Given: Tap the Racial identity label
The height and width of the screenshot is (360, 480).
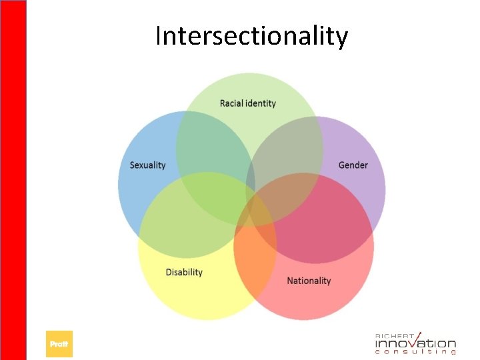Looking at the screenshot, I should pos(247,103).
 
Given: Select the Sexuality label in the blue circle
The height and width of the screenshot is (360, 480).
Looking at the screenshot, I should pos(147,165).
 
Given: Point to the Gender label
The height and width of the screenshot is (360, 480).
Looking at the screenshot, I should pos(353,165).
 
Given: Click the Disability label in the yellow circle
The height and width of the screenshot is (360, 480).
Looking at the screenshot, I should pos(184,272).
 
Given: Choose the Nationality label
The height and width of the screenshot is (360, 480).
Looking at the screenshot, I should pos(309,281).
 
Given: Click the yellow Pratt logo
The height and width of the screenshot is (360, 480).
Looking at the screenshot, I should pos(59,344).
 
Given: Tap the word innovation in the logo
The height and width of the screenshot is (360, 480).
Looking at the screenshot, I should pos(415,343).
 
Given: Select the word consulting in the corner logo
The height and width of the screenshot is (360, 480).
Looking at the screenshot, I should pos(415,353).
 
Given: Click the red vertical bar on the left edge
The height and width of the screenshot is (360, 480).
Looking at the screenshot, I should pos(13,180).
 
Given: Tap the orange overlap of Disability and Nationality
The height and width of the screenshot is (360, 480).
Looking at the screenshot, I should pos(257,247).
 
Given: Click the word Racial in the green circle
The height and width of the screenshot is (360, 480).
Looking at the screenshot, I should pos(232,103).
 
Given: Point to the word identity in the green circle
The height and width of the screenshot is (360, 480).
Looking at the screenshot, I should pos(261,103).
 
